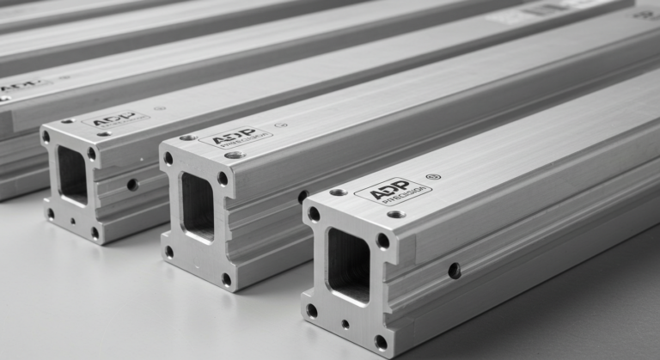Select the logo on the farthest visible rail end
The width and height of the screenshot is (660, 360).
click(x=114, y=121)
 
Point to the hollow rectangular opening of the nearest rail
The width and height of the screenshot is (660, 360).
click(x=348, y=265)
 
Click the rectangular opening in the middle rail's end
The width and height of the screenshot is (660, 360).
click(x=197, y=206)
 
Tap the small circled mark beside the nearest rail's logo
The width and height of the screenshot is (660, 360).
click(x=433, y=177)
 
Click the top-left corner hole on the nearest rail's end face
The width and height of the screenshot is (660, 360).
click(x=314, y=214)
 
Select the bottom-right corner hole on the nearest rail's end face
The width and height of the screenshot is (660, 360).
click(x=381, y=341)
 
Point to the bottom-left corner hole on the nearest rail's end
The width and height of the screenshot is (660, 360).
click(x=312, y=310)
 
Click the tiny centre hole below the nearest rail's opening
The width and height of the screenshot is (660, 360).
click(x=345, y=325)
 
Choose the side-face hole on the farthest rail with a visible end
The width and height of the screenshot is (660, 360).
click(x=131, y=184)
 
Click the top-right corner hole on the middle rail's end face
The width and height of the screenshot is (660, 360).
click(x=223, y=179)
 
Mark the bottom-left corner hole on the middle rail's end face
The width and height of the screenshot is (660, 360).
click(x=168, y=252)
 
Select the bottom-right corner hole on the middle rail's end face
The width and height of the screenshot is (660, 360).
click(x=226, y=279)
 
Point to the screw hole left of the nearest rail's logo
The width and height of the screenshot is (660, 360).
click(x=339, y=192)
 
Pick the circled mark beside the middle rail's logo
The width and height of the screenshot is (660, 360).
click(x=277, y=126)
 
